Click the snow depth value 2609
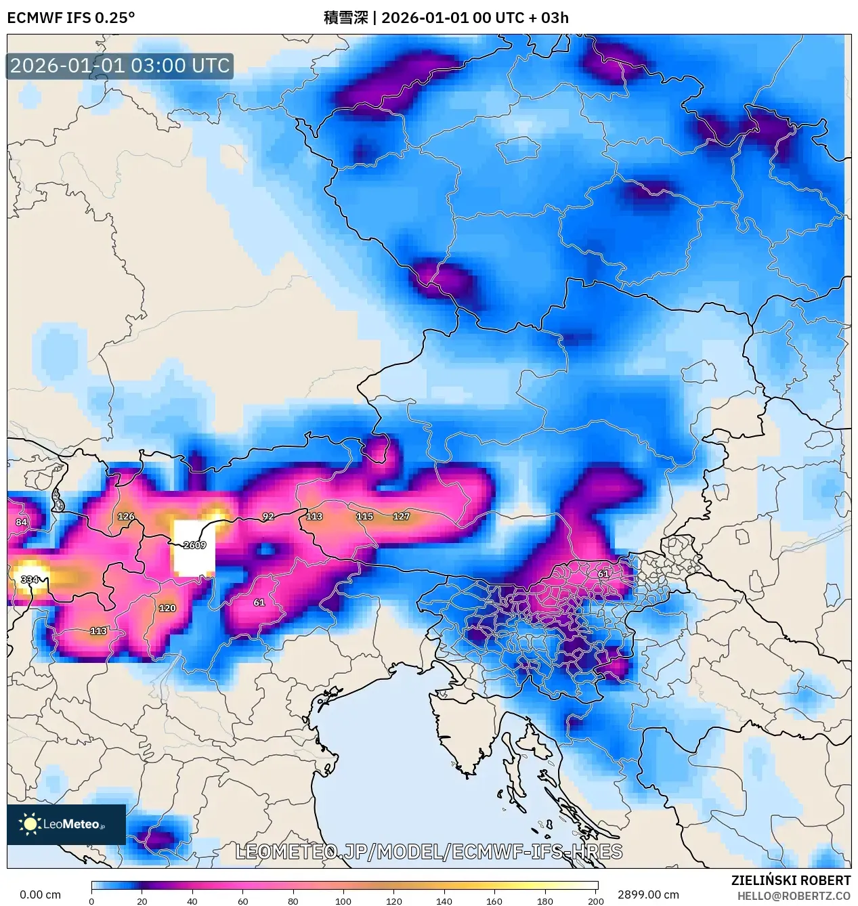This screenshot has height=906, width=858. tap(194, 545)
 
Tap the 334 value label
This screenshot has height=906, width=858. tap(29, 580)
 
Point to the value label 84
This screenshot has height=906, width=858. tap(22, 522)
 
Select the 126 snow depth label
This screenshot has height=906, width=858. tap(126, 516)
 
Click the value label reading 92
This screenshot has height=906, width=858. tap(268, 517)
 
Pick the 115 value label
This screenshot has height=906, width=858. tap(364, 516)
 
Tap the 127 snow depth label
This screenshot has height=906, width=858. tap(401, 516)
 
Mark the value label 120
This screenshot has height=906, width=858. tap(167, 608)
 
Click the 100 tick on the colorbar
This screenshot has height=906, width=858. tap(343, 901)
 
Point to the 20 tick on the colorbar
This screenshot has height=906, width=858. tap(142, 901)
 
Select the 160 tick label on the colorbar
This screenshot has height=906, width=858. tap(494, 901)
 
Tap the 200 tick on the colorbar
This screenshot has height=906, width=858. tap(596, 901)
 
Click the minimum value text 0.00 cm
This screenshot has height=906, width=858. tap(40, 894)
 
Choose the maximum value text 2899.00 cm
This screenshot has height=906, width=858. tap(648, 894)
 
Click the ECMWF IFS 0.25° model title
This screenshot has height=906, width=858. tap(70, 18)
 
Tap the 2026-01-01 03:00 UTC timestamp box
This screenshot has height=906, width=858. tap(120, 66)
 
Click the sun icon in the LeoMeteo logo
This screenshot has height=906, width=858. tap(30, 824)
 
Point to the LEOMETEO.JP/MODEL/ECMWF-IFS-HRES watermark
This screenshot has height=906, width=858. tap(429, 852)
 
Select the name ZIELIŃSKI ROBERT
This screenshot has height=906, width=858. tap(790, 880)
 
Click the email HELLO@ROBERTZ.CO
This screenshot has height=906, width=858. tap(794, 896)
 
